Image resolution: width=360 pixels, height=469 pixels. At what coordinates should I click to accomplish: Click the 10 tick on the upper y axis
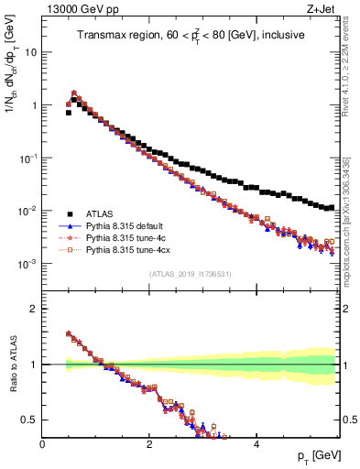(31, 52)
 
